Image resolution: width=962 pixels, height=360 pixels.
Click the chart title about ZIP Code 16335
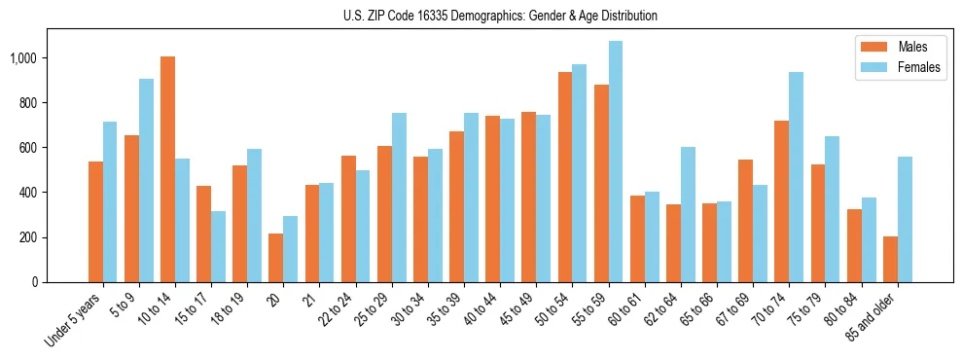click(x=500, y=16)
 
